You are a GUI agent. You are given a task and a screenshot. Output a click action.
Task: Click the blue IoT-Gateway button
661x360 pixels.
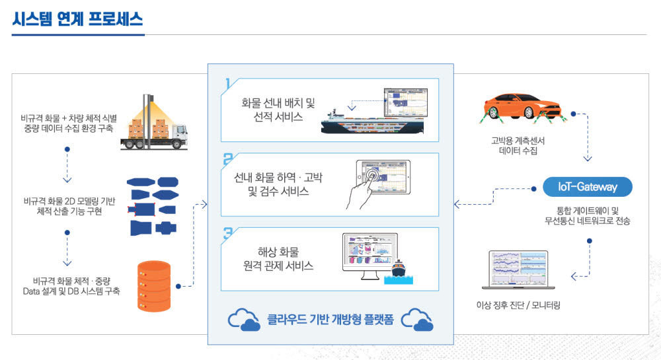coord(587,187)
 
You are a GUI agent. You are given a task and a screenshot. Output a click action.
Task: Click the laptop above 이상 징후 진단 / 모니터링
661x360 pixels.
coord(518,271)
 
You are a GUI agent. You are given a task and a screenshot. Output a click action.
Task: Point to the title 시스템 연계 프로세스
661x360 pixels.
coord(77,19)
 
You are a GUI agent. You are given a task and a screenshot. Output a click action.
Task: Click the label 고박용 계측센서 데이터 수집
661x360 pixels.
coord(518,145)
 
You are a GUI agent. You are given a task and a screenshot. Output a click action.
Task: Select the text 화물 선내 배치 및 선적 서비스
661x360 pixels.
coord(278,110)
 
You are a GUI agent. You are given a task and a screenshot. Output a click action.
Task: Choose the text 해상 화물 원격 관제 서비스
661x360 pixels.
coord(278,259)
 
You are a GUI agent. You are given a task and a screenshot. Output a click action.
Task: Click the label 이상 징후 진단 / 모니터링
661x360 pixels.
coord(518,305)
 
